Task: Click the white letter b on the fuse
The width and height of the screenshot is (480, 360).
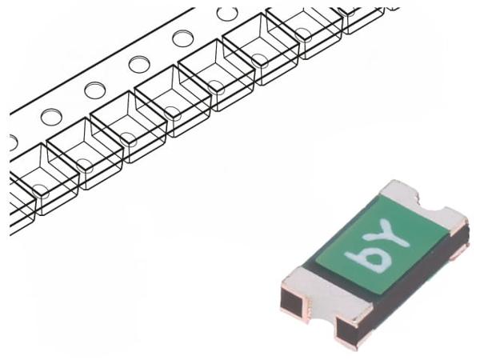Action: tap(368, 258)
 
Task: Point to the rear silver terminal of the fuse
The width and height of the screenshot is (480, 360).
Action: tap(426, 203)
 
